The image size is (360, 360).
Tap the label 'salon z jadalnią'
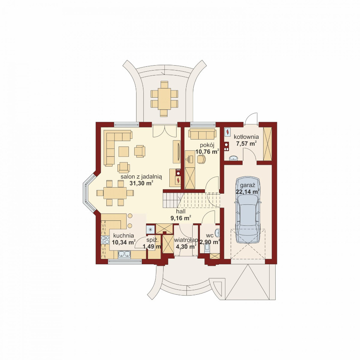click(x=141, y=177)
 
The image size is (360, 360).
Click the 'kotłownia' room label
click(x=246, y=137)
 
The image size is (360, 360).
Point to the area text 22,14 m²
click(x=247, y=191)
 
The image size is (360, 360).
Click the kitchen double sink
click(x=124, y=254)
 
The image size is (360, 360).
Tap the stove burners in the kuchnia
click(x=105, y=240)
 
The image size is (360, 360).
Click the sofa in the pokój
click(x=202, y=134)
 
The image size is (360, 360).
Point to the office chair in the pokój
click(x=201, y=159)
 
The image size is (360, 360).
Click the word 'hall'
click(x=181, y=211)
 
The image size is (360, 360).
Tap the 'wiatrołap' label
click(x=186, y=240)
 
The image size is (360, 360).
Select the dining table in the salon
click(x=115, y=193)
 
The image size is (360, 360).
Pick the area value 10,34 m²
click(x=124, y=242)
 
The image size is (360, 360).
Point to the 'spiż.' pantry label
click(x=153, y=240)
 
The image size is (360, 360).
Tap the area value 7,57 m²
click(x=246, y=144)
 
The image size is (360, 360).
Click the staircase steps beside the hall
click(x=174, y=200)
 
